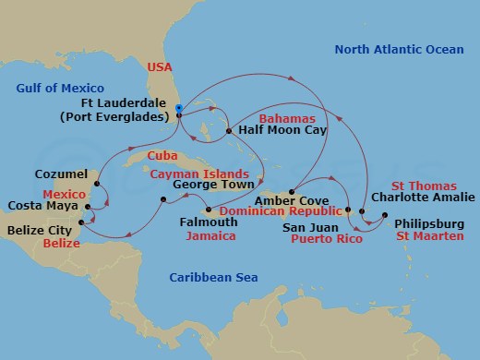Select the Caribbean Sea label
(214, 277)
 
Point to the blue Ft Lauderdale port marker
(178, 107)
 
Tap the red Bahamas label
(286, 119)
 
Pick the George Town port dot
(162, 200)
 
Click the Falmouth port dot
(210, 209)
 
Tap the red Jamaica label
(210, 236)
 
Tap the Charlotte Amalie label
(423, 197)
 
